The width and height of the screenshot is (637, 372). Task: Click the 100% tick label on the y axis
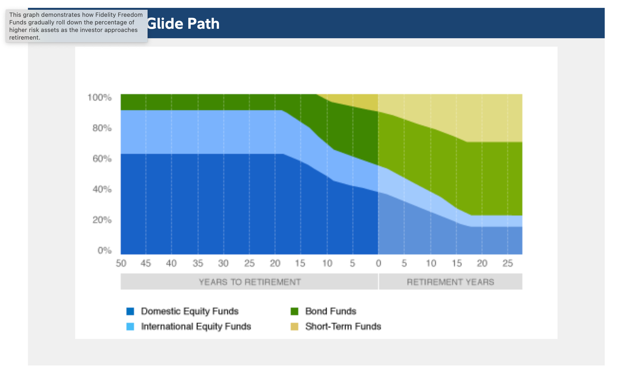[99, 98]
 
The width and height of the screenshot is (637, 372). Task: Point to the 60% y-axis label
[102, 159]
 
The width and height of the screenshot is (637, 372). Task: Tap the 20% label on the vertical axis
[102, 220]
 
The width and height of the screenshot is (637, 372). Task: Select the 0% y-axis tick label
[104, 251]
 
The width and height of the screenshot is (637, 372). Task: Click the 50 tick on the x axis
[121, 263]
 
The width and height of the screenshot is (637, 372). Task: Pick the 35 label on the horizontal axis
[198, 263]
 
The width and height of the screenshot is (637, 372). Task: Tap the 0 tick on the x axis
[378, 263]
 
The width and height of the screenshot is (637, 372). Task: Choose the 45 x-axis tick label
[146, 263]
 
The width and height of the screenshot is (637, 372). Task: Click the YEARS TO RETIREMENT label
[250, 282]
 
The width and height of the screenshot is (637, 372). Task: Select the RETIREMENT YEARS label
[450, 282]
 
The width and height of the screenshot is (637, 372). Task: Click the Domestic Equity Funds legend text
[190, 311]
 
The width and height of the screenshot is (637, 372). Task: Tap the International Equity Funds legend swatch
[130, 326]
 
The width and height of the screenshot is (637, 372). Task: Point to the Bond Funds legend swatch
[294, 311]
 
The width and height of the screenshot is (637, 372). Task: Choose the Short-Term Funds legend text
[343, 326]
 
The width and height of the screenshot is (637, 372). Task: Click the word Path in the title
[203, 24]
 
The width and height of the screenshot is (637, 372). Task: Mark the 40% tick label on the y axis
[102, 189]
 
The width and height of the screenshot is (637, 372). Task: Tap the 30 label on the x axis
[223, 263]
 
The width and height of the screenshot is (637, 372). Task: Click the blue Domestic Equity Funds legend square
[130, 311]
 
